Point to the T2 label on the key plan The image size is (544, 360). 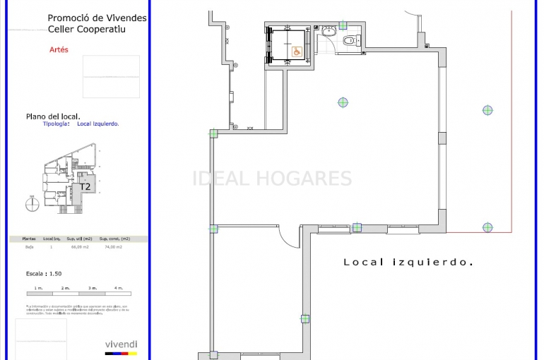pyautogui.click(x=85, y=187)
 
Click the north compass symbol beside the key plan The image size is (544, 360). pyautogui.click(x=31, y=205)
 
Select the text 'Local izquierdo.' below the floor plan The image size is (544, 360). pyautogui.click(x=408, y=262)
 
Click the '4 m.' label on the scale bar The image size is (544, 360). pyautogui.click(x=118, y=288)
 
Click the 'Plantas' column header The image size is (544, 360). pyautogui.click(x=30, y=239)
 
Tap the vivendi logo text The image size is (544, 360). pyautogui.click(x=121, y=344)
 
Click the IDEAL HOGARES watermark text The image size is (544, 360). pyautogui.click(x=272, y=179)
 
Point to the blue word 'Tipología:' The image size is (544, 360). pyautogui.click(x=57, y=124)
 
